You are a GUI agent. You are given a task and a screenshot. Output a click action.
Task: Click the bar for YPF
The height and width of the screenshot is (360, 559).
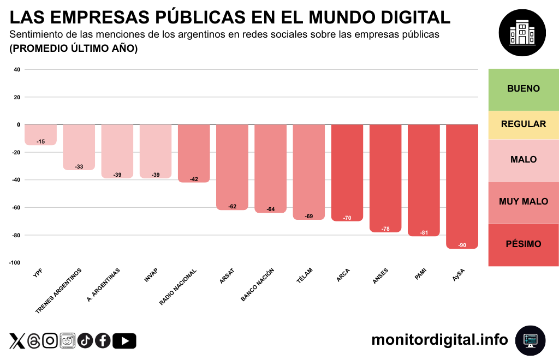[40, 134]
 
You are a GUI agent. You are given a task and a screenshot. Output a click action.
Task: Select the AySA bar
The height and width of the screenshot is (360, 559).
[462, 185]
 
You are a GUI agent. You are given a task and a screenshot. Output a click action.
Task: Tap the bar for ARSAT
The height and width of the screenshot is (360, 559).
[232, 166]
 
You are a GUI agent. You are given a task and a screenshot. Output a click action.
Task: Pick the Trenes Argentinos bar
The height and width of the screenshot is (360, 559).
[79, 146]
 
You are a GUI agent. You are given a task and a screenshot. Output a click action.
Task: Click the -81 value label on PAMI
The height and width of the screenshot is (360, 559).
[424, 233]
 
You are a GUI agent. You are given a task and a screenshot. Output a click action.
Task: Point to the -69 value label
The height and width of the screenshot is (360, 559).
[309, 217]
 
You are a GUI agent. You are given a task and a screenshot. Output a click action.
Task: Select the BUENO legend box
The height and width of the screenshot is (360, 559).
[523, 89]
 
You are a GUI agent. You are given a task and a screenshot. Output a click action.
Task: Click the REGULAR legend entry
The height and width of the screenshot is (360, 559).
[523, 124]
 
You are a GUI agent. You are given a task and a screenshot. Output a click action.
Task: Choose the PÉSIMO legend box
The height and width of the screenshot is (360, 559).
[523, 244]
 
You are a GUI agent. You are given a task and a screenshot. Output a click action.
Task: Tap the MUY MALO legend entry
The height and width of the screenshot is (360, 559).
[523, 202]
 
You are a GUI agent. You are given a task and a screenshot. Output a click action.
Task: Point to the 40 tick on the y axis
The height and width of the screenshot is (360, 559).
[16, 70]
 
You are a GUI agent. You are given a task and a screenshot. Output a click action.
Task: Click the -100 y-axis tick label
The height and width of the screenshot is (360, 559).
[15, 263]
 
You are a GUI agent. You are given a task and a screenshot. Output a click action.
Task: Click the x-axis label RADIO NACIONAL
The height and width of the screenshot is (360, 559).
[178, 286]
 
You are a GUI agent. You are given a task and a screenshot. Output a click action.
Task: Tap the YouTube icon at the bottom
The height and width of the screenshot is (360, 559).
[124, 341]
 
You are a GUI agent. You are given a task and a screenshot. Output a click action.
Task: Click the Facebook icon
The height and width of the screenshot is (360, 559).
[103, 341]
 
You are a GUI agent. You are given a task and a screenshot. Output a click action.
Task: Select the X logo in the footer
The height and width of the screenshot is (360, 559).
[17, 341]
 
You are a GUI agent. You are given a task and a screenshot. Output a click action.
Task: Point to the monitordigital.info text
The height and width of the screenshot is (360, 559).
[439, 340]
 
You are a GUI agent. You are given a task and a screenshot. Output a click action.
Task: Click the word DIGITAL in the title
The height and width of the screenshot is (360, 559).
[405, 17]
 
